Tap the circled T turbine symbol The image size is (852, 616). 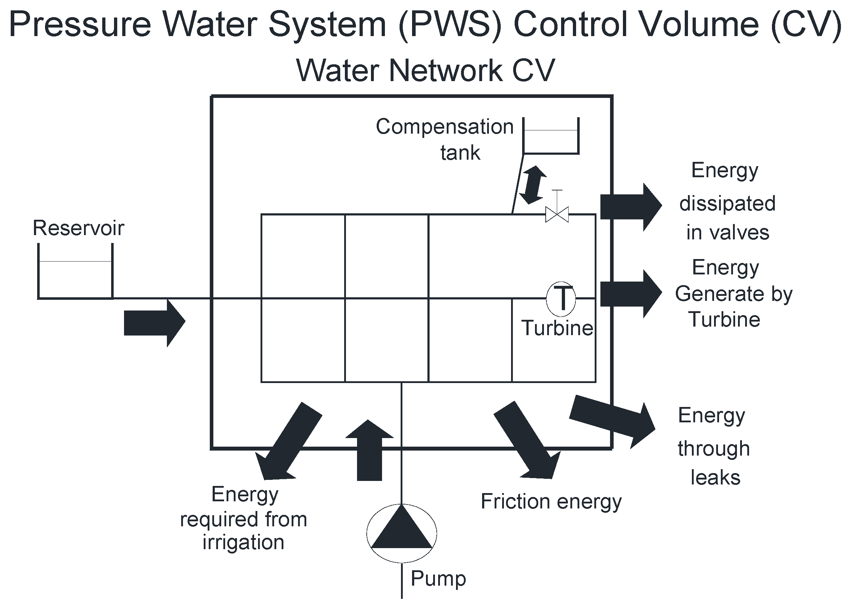pos(560,299)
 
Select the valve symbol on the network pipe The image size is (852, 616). pos(557,214)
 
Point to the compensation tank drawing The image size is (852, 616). pos(551,137)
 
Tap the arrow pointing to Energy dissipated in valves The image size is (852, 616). pos(631,207)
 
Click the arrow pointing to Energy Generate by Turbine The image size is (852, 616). pos(631,294)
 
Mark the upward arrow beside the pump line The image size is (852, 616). pos(369,450)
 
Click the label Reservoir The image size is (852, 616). pos(78,228)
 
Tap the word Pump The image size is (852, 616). pos(438,578)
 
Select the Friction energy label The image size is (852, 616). pos(551,501)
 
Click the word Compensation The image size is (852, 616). pos(445,127)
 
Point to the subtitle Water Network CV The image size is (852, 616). pos(425,71)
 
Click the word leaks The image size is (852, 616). pos(715,478)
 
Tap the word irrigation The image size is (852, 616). pos(243,542)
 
